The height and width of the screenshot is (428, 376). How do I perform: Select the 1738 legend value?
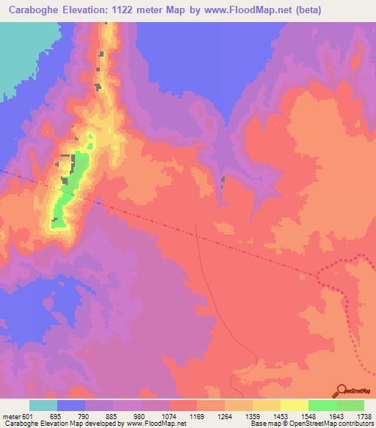pos(363,417)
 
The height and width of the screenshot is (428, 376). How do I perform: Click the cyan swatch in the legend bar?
pos(43,405)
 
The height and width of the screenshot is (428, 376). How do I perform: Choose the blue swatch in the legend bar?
pos(71,405)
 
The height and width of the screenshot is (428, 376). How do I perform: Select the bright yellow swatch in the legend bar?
pos(294,405)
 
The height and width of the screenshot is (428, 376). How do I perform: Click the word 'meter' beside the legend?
pos(10,417)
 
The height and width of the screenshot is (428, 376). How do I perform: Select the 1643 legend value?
pos(335,417)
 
